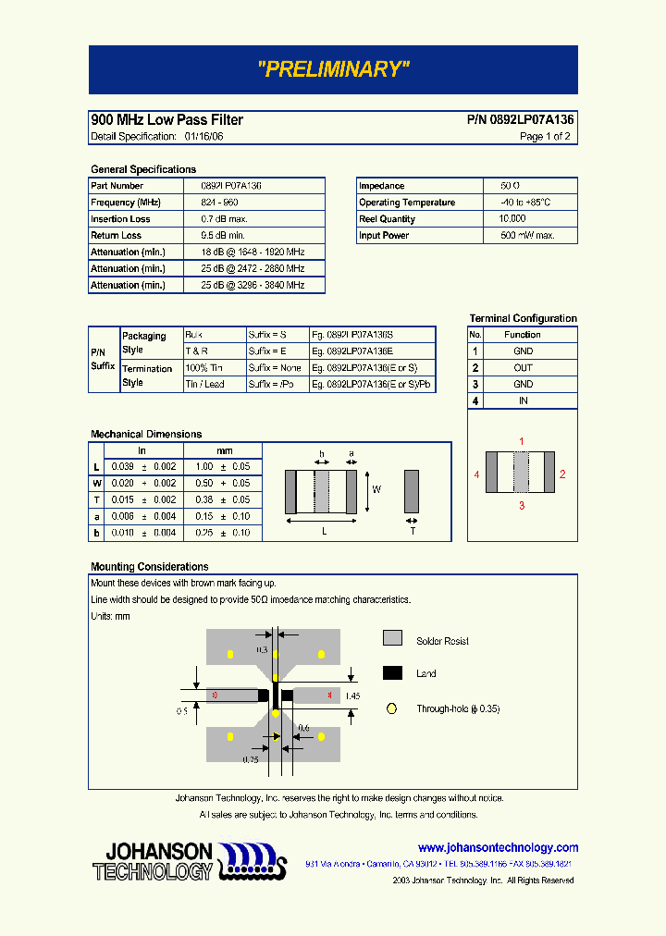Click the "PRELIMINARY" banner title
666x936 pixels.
333,69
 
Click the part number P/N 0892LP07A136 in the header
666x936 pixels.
520,120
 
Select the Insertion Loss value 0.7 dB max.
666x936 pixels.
224,219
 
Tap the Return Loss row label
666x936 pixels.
117,236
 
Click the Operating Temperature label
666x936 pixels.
407,203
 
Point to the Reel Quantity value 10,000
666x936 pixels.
512,219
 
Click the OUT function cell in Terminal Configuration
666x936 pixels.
524,368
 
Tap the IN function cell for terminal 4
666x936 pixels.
524,401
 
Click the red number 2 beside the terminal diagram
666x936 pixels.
562,474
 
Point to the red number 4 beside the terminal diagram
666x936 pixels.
476,474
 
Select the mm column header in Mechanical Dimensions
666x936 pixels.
224,450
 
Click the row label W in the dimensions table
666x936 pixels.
97,484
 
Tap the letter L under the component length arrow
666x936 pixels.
324,531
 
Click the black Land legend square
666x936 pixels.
392,673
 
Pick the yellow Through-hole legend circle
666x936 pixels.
391,708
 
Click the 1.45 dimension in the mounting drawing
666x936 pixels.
352,695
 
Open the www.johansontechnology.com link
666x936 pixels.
498,848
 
